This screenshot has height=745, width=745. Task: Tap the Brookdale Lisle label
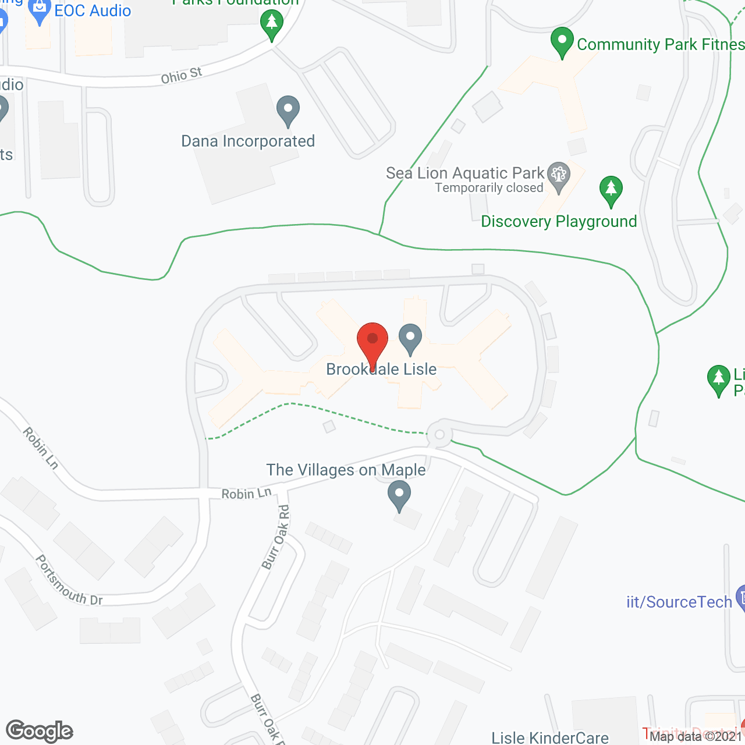(x=381, y=369)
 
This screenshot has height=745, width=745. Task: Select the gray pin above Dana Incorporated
(x=288, y=110)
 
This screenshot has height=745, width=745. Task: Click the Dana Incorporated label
(x=248, y=141)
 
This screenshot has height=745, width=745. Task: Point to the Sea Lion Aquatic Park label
(x=465, y=173)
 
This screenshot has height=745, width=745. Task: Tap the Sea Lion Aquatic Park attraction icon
(x=559, y=176)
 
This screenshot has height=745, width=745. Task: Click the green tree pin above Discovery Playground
(x=611, y=190)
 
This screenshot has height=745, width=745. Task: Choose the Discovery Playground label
(x=559, y=222)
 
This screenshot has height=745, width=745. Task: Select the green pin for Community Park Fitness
(x=562, y=42)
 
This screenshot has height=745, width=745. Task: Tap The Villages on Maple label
(x=346, y=470)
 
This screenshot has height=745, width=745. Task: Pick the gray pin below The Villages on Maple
(x=399, y=496)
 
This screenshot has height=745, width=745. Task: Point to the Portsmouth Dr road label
(x=69, y=580)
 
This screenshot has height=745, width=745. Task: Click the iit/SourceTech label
(x=679, y=602)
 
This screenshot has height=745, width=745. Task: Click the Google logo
(x=40, y=730)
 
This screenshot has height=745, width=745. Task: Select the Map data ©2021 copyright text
(x=696, y=736)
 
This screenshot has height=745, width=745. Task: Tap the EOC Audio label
(x=93, y=10)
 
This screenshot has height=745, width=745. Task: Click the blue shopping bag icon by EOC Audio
(x=40, y=10)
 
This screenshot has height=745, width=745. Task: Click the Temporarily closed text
(x=489, y=188)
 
